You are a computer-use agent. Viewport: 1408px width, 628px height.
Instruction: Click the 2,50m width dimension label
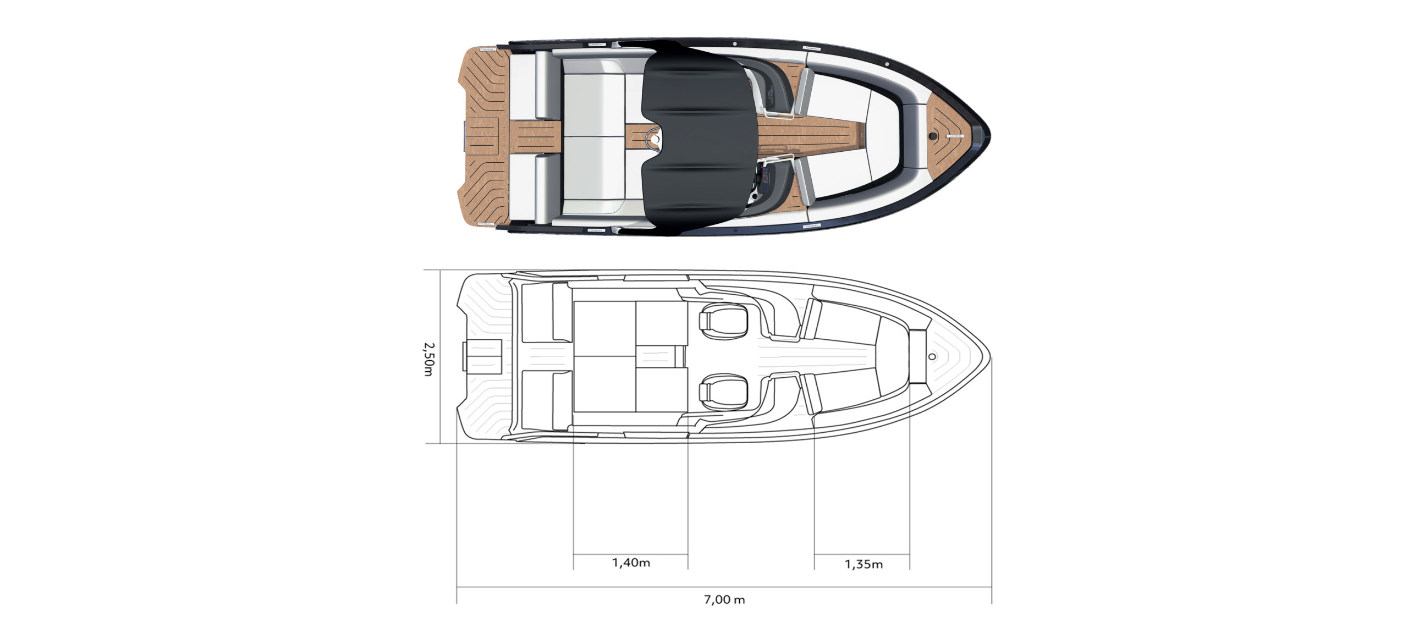(x=429, y=359)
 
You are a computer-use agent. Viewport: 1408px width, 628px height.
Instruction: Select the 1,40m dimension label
(x=631, y=563)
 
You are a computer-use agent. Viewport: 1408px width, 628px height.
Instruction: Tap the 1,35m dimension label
(x=864, y=564)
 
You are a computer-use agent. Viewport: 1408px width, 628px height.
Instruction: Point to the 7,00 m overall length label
(x=724, y=599)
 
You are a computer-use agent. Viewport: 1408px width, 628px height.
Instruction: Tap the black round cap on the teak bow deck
(x=933, y=135)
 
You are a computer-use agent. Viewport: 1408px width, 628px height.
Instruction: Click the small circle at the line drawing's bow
(x=932, y=357)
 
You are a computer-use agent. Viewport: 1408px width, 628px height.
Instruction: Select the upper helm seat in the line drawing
(x=723, y=321)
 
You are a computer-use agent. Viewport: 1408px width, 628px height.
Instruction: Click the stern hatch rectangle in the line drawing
(x=483, y=356)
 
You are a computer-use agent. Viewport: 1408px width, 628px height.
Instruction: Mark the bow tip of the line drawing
(x=990, y=357)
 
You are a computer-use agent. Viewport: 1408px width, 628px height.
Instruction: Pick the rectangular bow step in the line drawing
(x=918, y=357)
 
